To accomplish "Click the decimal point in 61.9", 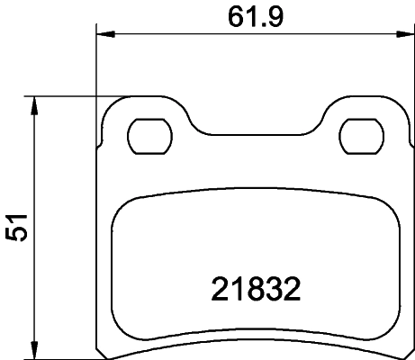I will (256, 23).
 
